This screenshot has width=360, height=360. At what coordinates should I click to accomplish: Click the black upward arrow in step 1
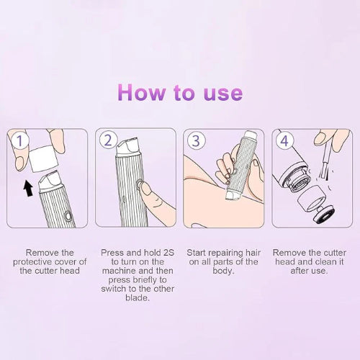pyautogui.click(x=28, y=189)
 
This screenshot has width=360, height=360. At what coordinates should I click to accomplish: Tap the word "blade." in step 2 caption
pyautogui.click(x=136, y=297)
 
